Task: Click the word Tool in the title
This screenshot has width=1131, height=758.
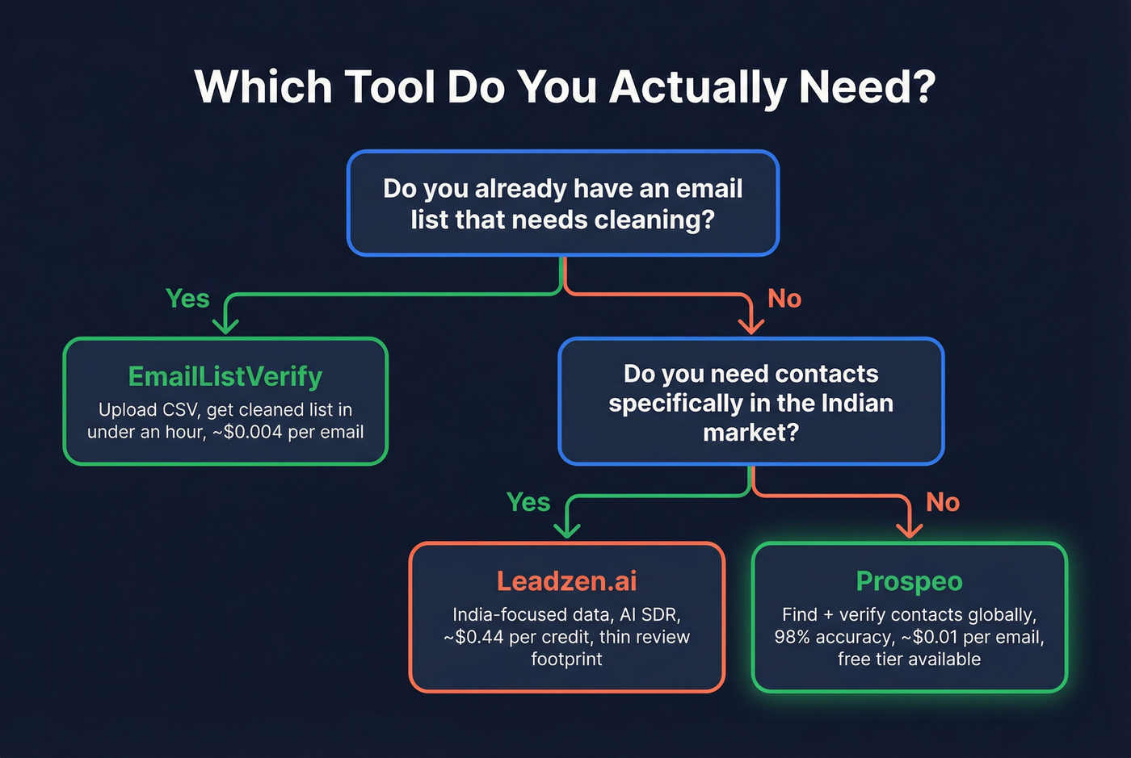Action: pos(390,86)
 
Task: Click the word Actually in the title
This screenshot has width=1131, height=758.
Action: pos(696,86)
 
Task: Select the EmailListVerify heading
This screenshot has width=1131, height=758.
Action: pos(225,376)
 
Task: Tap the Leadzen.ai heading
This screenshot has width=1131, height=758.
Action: pos(566,581)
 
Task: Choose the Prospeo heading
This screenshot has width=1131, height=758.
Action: pos(909,581)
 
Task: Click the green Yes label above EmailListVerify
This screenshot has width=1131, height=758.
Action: pos(187,299)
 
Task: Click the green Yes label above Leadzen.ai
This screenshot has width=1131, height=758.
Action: pos(528,502)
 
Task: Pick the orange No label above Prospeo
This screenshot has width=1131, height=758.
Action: pos(943,502)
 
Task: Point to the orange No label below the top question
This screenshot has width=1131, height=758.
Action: pos(784,299)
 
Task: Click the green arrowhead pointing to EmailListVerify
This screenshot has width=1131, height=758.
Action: pos(225,325)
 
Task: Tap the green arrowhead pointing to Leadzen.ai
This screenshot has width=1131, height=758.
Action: pos(567,529)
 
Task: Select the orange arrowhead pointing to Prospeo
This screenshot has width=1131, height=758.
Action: pos(910,529)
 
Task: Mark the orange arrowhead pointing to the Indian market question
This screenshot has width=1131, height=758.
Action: pos(751,325)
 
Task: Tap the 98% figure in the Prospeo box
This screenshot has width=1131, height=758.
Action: pos(792,637)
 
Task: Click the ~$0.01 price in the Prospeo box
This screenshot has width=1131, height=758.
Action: pos(930,637)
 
